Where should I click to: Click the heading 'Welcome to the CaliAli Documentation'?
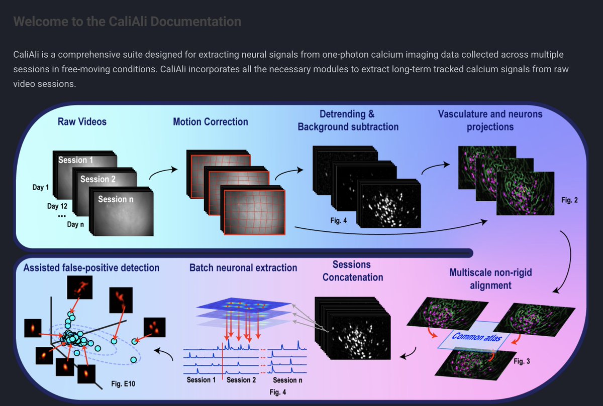[127, 22]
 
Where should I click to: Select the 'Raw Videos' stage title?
[82, 121]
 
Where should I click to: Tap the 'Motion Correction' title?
[211, 121]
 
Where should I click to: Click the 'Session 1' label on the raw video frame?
[76, 160]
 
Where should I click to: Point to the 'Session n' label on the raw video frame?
[116, 199]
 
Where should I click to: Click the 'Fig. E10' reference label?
[122, 384]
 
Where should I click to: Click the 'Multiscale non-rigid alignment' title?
[491, 279]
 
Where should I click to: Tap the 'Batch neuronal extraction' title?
[243, 268]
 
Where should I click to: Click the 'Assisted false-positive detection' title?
[91, 268]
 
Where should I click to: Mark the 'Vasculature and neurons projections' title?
[490, 120]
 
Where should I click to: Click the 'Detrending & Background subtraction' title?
[348, 120]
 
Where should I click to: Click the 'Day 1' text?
[41, 188]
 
